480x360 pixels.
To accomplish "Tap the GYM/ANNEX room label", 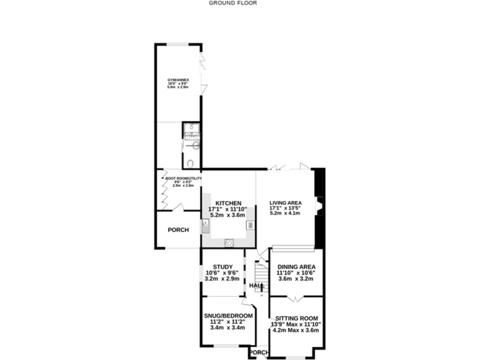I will coord(178,81).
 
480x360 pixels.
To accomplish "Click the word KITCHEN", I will coord(228,204).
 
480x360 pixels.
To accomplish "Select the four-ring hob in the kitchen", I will coord(229,242).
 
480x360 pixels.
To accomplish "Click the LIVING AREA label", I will coord(286,202).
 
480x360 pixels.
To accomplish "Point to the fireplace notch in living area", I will coord(318,206).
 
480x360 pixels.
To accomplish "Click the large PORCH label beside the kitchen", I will coord(178,229).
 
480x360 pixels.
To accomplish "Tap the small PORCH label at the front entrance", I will coord(259,352).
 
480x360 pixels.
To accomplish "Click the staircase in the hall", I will coord(261,273).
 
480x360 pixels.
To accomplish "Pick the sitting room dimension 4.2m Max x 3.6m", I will coord(295,330).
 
